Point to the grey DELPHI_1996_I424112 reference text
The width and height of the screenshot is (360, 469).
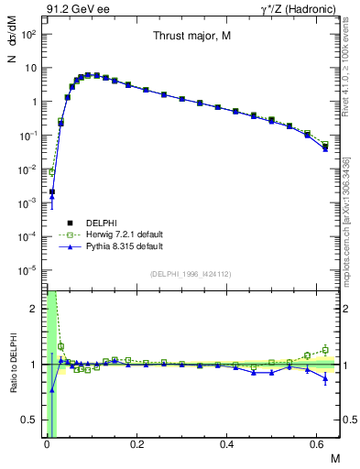point(190,274)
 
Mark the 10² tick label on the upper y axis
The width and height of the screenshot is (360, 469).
point(27,34)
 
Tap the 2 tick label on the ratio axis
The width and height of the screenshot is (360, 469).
point(33,309)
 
